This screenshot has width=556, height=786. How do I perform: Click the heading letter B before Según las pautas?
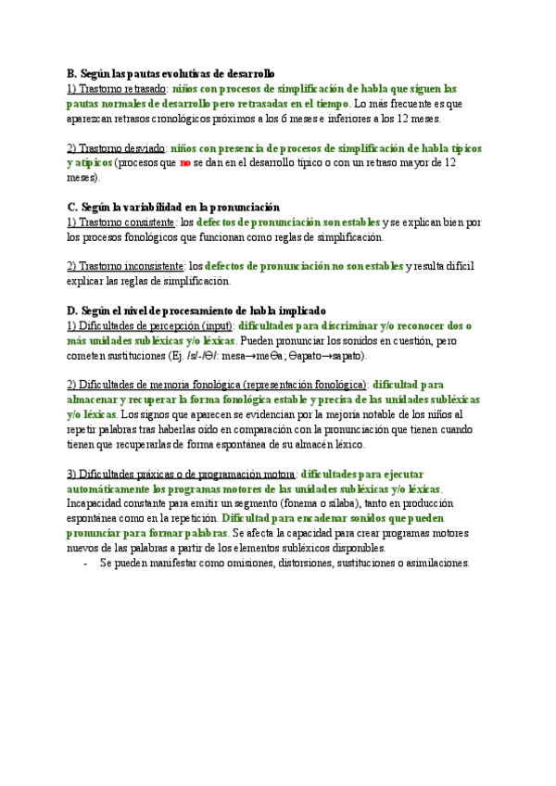[x=71, y=73]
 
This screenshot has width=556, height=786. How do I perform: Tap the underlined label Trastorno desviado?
[x=116, y=148]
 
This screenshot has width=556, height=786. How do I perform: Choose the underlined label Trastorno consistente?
[x=121, y=222]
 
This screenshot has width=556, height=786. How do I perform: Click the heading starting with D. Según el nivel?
[x=196, y=311]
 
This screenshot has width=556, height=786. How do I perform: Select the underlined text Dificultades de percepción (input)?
[x=150, y=326]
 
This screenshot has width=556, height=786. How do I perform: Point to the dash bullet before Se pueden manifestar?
[x=86, y=563]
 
